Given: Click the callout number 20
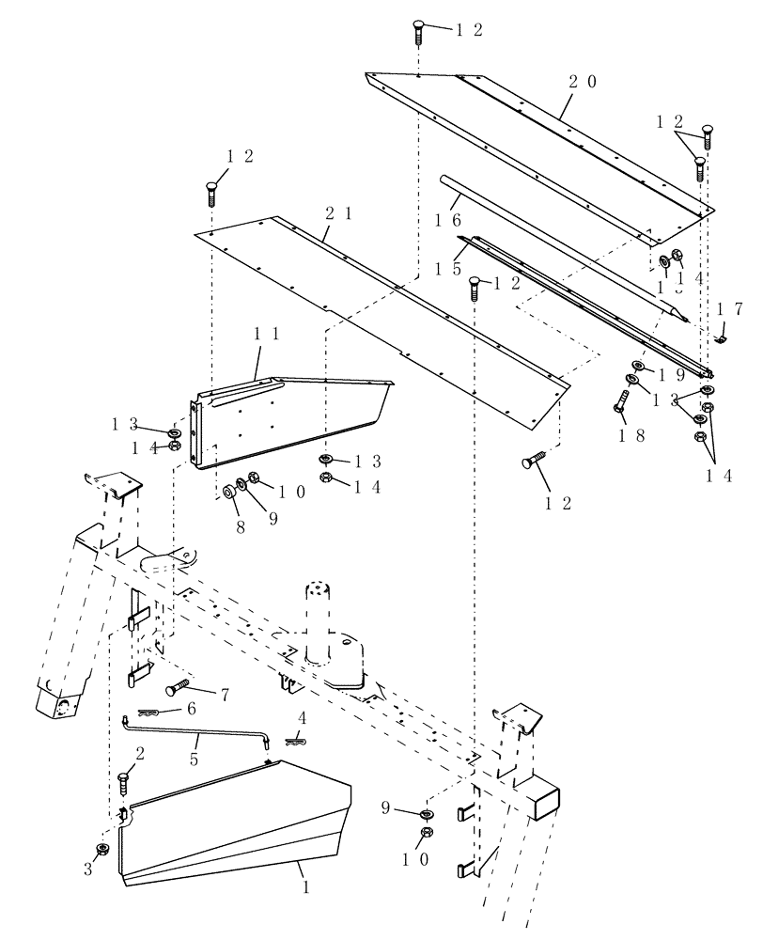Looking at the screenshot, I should (x=582, y=82).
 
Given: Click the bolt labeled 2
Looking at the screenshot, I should (x=124, y=782).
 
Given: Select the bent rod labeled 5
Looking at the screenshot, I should (x=197, y=729).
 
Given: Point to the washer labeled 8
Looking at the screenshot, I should (x=227, y=491).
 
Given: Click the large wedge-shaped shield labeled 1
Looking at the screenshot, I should (x=235, y=827).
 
